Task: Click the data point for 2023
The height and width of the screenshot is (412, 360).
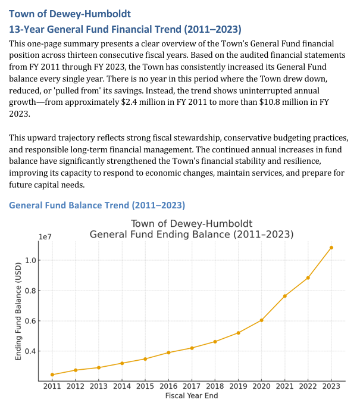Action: point(331,248)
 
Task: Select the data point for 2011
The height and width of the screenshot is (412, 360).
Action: point(52,374)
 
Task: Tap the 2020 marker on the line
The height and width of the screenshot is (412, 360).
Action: point(262,320)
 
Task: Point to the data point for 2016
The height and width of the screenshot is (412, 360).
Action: point(168,352)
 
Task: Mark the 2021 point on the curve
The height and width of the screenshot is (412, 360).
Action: point(285,296)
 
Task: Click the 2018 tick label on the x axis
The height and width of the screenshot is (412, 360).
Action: point(215,386)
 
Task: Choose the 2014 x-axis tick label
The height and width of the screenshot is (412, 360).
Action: point(122,386)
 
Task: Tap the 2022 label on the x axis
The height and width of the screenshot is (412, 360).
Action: point(308,386)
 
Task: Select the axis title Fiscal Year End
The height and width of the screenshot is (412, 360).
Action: point(192,396)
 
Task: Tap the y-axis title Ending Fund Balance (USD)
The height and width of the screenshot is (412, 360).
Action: point(18,312)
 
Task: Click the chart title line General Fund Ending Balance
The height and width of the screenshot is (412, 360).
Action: point(192,234)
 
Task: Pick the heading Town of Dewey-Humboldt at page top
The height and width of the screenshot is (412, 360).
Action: point(70,13)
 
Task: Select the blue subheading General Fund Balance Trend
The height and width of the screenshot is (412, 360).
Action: point(97,205)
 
